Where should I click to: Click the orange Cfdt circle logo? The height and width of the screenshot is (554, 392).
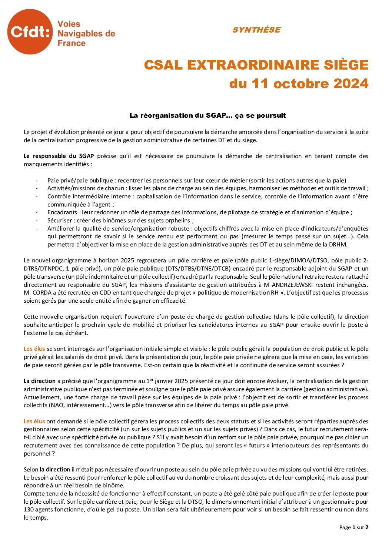coord(30,32)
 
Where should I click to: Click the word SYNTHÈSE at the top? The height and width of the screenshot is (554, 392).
coord(256,30)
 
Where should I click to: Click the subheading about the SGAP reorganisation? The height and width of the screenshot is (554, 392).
coord(207,115)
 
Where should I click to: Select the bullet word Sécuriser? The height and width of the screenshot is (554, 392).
coord(59,221)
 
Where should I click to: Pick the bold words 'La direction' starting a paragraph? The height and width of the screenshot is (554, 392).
coord(40,381)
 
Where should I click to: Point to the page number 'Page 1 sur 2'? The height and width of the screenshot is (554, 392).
coord(353,527)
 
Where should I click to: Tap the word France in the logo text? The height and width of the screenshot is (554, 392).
coord(72,43)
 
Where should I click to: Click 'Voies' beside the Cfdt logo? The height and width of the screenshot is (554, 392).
coord(69,24)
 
